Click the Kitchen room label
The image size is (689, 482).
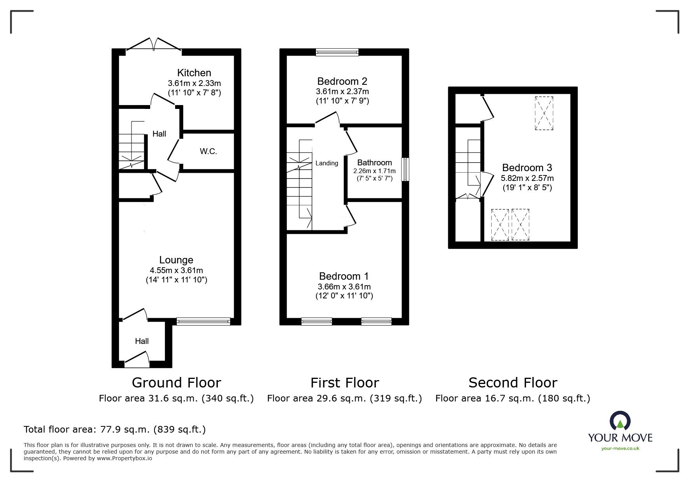click(194, 73)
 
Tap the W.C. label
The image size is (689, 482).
click(208, 152)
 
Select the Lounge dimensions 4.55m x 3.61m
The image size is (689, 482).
click(176, 270)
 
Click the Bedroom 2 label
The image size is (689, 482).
click(342, 81)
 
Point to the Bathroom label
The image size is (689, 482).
click(374, 163)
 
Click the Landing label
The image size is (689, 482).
click(326, 163)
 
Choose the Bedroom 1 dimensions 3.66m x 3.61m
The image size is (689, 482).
click(344, 287)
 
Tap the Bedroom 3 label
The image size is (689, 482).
click(527, 168)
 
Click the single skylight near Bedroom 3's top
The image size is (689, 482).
click(543, 113)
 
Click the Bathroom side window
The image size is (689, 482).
click(405, 169)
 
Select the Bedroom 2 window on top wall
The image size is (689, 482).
click(337, 52)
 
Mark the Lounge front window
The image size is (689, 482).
click(203, 321)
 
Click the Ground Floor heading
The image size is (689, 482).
click(176, 383)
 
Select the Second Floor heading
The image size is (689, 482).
click(512, 383)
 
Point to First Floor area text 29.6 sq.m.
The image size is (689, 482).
click(344, 398)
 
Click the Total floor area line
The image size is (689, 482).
click(115, 429)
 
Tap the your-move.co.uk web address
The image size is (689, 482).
click(620, 449)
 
